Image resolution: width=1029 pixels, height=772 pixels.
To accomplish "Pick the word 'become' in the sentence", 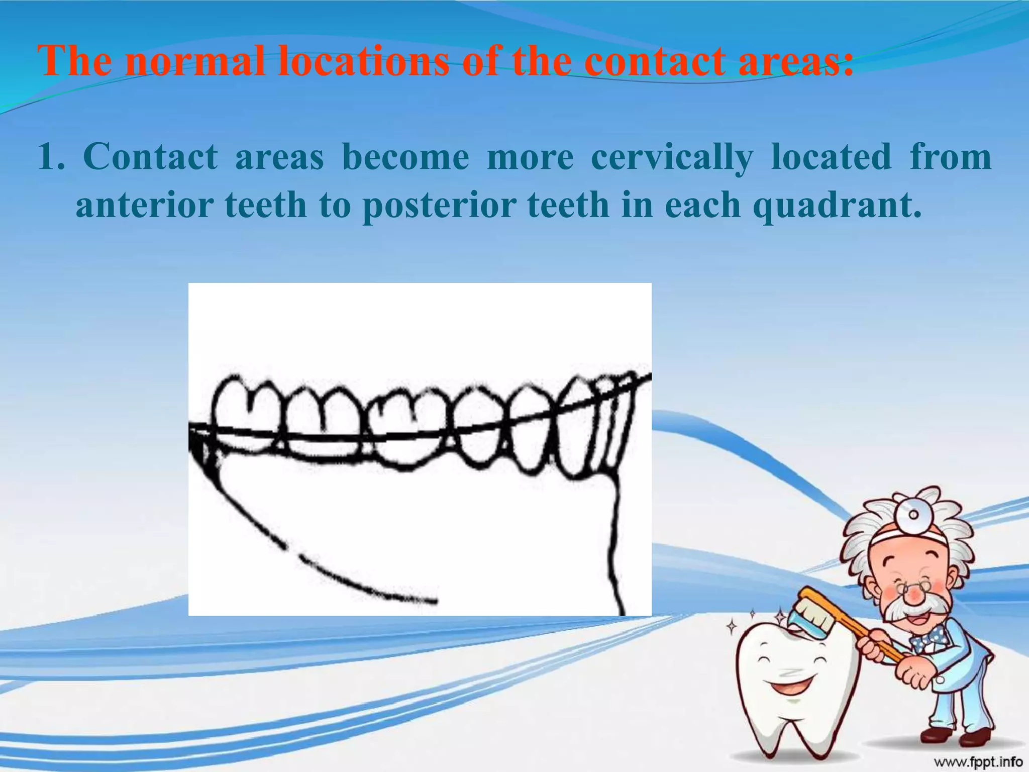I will [x=405, y=157].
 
